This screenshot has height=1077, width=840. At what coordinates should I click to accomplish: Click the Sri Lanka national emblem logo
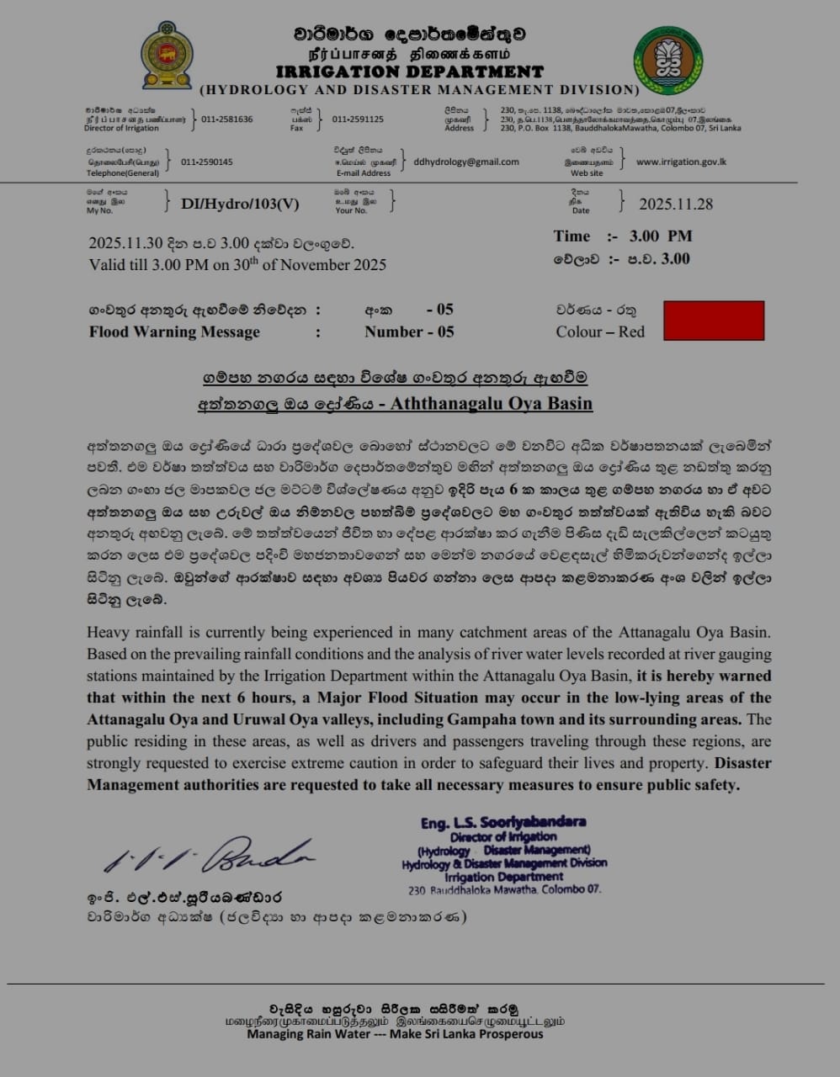167,56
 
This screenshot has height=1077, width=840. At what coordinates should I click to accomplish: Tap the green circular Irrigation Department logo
668,60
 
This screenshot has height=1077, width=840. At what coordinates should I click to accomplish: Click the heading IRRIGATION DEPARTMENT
409,72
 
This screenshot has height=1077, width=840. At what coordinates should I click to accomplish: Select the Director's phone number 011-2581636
227,119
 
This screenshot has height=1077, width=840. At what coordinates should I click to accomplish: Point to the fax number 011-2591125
358,119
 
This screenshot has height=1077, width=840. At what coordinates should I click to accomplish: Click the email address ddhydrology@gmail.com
466,162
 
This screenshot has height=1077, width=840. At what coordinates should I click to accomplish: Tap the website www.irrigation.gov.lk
681,162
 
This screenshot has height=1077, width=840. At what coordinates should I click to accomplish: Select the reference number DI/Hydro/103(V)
240,203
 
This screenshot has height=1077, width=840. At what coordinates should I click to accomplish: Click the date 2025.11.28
676,204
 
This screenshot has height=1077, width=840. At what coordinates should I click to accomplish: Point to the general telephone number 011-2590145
207,162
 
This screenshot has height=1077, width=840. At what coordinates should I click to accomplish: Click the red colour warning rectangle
714,321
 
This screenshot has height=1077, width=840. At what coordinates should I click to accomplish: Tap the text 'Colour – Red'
600,332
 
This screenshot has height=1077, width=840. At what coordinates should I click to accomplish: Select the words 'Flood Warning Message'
174,332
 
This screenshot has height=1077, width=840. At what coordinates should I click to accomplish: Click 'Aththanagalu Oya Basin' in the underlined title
492,403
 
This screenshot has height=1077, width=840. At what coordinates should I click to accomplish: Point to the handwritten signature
210,855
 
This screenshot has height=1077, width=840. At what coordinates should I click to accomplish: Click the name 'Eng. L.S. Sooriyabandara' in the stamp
503,822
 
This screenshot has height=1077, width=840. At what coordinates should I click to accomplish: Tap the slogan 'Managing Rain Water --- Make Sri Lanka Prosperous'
395,1034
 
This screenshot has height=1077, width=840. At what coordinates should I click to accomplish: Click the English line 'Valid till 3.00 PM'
237,265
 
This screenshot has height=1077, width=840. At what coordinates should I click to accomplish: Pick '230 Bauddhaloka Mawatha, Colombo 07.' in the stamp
504,889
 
